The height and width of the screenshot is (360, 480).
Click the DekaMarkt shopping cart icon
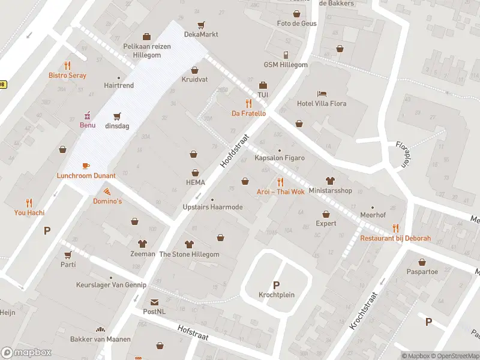click(201, 25)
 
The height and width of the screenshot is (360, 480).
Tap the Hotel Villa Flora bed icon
click(322, 94)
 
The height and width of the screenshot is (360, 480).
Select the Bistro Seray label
click(67, 76)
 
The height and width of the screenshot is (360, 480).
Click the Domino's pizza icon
click(107, 191)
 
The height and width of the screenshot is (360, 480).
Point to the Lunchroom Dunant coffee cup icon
click(86, 166)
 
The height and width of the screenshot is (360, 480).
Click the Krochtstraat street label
click(364, 310)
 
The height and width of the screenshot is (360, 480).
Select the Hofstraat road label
click(193, 333)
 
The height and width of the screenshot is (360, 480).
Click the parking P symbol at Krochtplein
click(276, 285)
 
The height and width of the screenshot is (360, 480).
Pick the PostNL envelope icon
click(155, 302)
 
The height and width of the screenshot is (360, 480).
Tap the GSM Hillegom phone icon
click(286, 55)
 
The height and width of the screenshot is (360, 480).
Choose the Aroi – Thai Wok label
click(280, 192)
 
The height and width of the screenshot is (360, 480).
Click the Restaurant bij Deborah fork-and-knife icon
click(395, 228)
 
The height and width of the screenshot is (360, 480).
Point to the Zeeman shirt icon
click(143, 244)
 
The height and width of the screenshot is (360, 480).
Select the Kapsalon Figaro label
click(279, 158)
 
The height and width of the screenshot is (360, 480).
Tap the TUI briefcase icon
click(263, 85)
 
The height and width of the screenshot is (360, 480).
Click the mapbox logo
click(26, 353)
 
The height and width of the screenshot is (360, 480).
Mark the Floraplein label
click(403, 154)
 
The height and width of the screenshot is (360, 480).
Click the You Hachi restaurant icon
click(29, 203)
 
